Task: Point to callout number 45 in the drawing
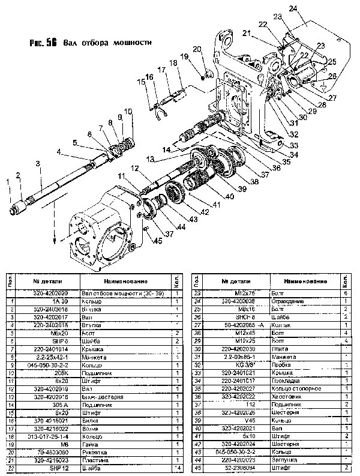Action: [x=158, y=241]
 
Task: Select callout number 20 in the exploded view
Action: [x=197, y=49]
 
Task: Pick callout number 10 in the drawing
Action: [x=127, y=111]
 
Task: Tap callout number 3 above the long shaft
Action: [x=38, y=163]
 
